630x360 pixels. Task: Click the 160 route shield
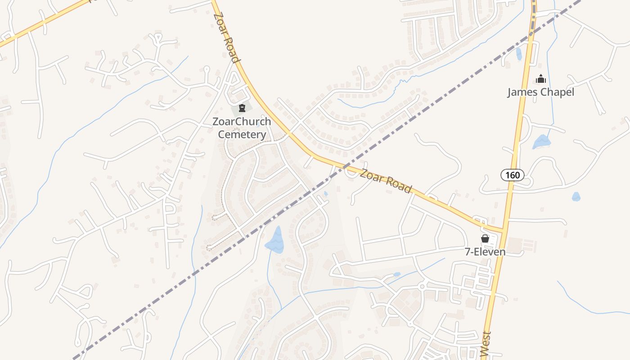click(x=513, y=175)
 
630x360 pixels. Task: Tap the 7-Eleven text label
click(x=485, y=252)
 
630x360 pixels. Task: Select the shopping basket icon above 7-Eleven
click(x=485, y=238)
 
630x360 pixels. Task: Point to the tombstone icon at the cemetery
click(x=242, y=108)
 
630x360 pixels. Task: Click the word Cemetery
click(x=242, y=134)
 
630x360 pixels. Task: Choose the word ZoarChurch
click(x=242, y=121)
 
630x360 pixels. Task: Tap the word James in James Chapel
click(x=524, y=92)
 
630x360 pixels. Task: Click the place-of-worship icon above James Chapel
click(x=540, y=79)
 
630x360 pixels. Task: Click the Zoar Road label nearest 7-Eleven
click(x=386, y=181)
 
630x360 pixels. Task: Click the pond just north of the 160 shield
click(x=541, y=142)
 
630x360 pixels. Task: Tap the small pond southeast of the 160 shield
click(x=576, y=197)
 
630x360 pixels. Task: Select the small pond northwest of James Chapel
click(x=519, y=54)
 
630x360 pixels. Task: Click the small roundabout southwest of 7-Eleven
click(x=422, y=286)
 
